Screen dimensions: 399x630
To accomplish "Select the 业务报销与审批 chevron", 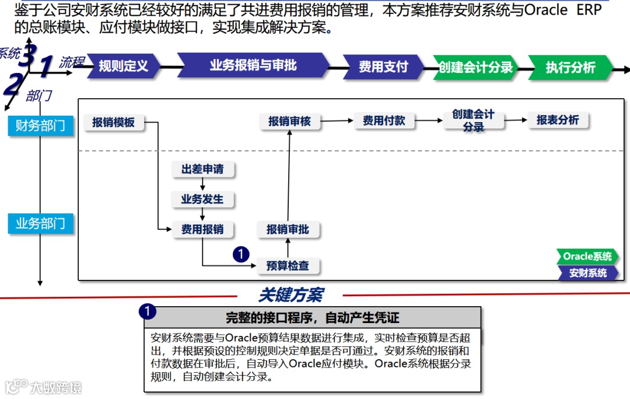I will tap(253, 65).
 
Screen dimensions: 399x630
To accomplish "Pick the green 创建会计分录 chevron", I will tap(475, 67).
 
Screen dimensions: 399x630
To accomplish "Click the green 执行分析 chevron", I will tap(570, 67).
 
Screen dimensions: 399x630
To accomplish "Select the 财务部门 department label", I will tap(40, 126).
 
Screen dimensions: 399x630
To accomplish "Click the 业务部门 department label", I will tap(40, 223).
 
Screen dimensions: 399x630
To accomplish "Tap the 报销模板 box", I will tap(114, 123).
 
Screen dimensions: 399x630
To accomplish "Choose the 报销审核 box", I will tap(289, 122).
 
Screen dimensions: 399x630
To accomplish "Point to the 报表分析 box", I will tap(558, 120).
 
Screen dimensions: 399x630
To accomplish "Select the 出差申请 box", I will tap(202, 169).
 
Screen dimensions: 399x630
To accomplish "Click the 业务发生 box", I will tap(202, 199).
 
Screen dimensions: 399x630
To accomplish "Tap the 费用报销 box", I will tap(202, 230).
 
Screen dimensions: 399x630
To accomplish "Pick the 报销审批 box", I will tap(288, 230).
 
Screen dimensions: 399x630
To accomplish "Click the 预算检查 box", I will tap(288, 266).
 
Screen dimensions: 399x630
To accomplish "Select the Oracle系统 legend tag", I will tap(587, 256).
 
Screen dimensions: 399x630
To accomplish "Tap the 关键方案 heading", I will tap(290, 295).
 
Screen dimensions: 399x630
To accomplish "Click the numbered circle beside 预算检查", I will tap(241, 254).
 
